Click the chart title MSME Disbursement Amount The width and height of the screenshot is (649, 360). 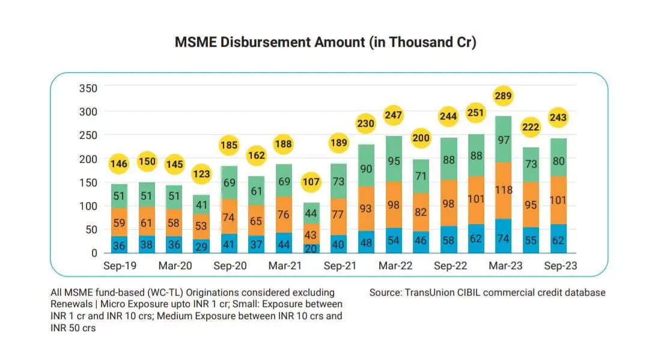click(325, 43)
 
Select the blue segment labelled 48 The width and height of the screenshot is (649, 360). click(367, 243)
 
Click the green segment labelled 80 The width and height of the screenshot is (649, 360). click(558, 161)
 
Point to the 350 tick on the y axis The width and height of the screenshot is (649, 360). click(88, 88)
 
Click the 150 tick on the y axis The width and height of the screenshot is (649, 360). click(88, 183)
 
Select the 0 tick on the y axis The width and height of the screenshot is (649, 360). click(93, 253)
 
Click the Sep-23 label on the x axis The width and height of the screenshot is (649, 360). click(561, 266)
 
